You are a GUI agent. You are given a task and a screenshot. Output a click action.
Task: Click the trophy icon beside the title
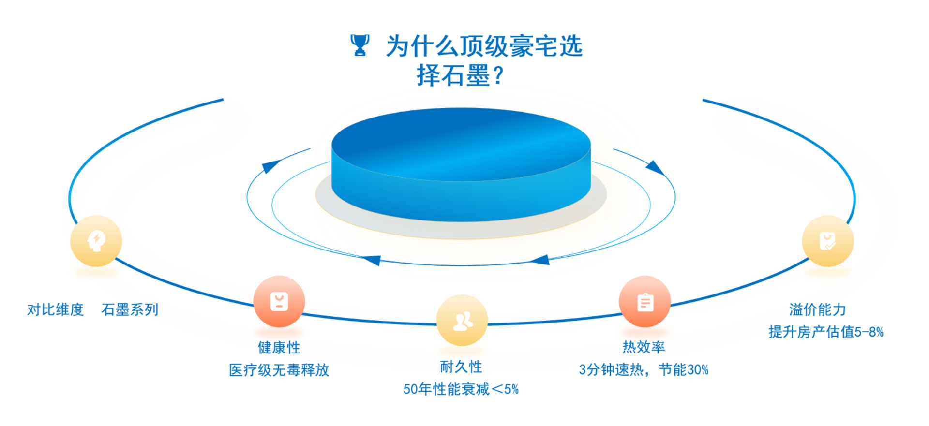click(x=360, y=45)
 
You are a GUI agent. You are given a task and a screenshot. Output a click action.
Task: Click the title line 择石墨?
click(x=460, y=75)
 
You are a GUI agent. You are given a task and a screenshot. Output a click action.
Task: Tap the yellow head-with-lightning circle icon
click(x=96, y=241)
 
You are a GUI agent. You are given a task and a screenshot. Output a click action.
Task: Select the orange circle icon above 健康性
click(x=279, y=302)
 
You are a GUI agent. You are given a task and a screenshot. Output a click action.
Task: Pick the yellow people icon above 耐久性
click(x=462, y=320)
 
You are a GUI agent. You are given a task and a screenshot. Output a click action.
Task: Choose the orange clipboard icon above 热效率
click(x=645, y=302)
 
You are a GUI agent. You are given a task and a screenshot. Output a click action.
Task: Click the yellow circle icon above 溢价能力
click(x=828, y=241)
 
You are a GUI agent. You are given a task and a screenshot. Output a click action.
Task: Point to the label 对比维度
click(x=55, y=309)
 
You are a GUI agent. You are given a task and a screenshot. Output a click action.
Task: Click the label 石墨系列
click(x=130, y=309)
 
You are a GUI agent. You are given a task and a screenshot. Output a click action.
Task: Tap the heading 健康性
click(x=279, y=347)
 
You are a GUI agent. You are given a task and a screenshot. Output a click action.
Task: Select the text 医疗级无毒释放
click(x=279, y=370)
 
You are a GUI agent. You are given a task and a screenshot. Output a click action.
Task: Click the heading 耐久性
click(x=461, y=367)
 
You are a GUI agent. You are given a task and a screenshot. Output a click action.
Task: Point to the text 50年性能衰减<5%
click(x=461, y=389)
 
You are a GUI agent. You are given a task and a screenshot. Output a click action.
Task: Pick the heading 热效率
click(x=644, y=347)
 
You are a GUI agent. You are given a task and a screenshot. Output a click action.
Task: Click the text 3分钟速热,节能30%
click(x=644, y=369)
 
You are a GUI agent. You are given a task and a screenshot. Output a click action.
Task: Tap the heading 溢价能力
click(x=817, y=309)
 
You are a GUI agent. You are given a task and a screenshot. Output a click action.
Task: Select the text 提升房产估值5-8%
click(x=826, y=332)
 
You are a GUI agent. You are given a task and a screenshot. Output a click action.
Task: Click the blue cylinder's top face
click(x=461, y=144)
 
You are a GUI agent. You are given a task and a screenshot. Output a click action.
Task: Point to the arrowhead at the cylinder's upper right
click(x=655, y=167)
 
